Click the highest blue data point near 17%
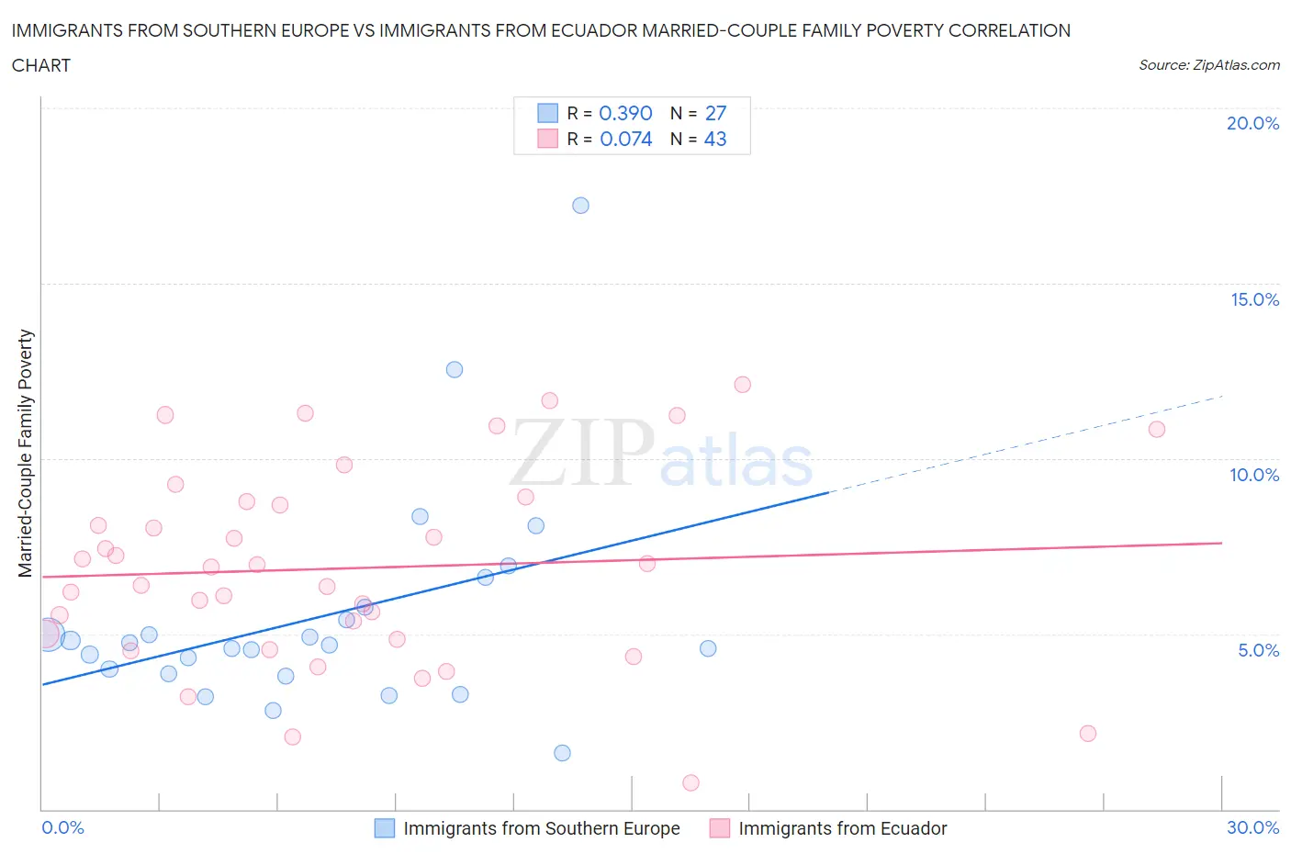(580, 206)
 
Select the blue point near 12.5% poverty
(455, 370)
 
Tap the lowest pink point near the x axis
(690, 782)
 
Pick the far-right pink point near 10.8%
(1157, 430)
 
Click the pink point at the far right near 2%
(1088, 733)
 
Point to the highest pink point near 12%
(743, 385)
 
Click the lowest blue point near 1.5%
(563, 753)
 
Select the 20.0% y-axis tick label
(1252, 124)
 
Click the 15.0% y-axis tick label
(1254, 300)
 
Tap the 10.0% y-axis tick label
(1254, 475)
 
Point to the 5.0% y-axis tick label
(1258, 650)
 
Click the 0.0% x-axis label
(63, 827)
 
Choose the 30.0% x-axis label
(1252, 827)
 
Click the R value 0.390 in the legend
(625, 113)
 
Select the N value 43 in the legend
(715, 140)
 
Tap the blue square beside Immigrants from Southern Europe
(385, 828)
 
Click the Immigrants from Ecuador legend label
(842, 828)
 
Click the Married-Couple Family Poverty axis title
(26, 454)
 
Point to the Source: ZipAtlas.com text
(1208, 65)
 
